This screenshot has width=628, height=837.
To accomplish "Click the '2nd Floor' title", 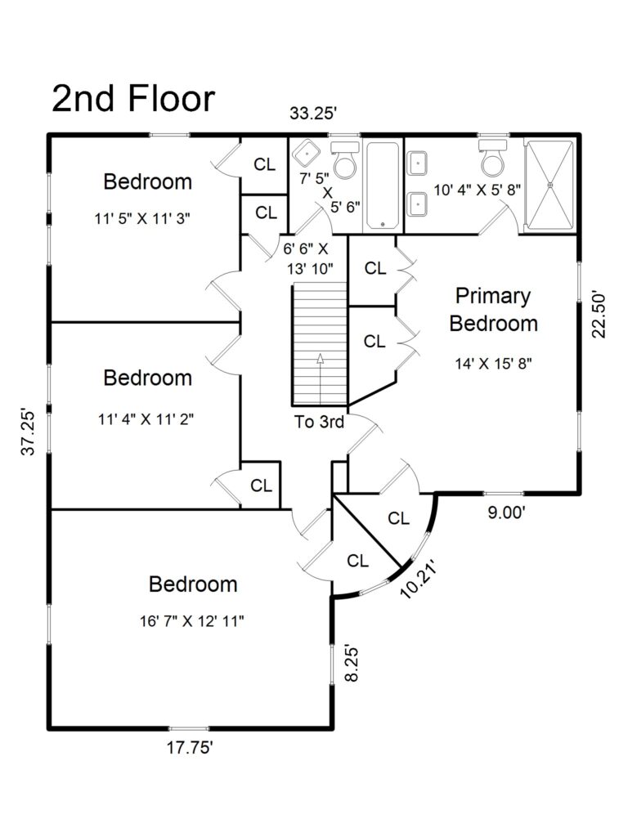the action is coord(133,99).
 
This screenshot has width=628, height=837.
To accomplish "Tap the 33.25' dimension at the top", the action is coord(313,113).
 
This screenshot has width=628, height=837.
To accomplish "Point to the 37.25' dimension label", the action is coord(29,432).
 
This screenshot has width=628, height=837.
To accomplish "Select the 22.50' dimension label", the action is coord(599,315).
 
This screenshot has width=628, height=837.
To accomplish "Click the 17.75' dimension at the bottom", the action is coord(190,748).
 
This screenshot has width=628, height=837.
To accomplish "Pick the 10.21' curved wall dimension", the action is coord(419,579).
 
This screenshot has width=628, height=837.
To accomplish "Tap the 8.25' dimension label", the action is coord(351,665).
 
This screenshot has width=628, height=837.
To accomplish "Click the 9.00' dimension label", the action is coord(507,512).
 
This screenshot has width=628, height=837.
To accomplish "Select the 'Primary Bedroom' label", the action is coord(493,310).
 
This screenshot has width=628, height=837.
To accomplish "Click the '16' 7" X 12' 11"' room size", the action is coord(192,621).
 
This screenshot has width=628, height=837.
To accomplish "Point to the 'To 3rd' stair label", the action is coord(320,422).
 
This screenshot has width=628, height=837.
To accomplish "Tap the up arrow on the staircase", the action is coord(321,378).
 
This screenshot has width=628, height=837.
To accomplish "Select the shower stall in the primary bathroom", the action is coord(549,186).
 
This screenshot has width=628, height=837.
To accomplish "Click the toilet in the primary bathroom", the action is coord(492,158).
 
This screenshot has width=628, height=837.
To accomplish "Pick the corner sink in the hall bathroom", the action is coord(306,153).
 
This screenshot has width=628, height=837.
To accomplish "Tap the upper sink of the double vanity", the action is coord(416,163).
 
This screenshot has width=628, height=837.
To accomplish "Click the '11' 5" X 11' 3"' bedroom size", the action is coord(142,218).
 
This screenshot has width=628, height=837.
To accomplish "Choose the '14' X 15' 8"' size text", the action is coord(493,364).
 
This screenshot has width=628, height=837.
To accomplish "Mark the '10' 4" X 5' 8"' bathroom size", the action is coord(477,190).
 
